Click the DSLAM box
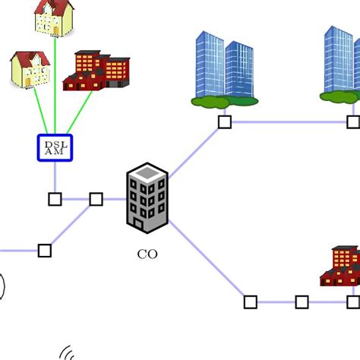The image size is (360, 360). click(55, 147)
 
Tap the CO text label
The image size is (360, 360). click(147, 254)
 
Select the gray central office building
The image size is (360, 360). click(147, 199)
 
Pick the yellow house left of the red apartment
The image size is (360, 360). click(30, 69)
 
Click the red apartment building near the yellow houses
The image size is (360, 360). click(97, 71)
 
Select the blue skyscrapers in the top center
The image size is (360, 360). click(225, 68)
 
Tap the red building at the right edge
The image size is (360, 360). click(342, 267)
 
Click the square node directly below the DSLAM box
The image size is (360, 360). click(55, 199)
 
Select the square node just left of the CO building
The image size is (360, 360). click(96, 199)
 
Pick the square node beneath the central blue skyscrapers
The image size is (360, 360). click(224, 122)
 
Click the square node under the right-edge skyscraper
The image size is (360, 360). click(352, 122)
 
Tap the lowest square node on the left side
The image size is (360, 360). click(45, 250)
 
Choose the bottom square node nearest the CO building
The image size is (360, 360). click(251, 302)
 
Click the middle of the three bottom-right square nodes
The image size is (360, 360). click(302, 302)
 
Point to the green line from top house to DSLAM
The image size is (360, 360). click(55, 84)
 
